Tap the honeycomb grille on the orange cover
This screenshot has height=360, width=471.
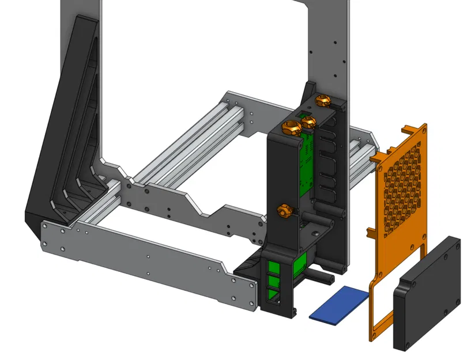[402, 184]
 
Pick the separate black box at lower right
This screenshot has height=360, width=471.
[428, 293]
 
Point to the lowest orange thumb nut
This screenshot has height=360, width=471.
[284, 211]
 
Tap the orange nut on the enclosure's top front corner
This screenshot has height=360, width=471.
[290, 127]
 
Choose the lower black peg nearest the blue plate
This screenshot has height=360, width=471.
[320, 278]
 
